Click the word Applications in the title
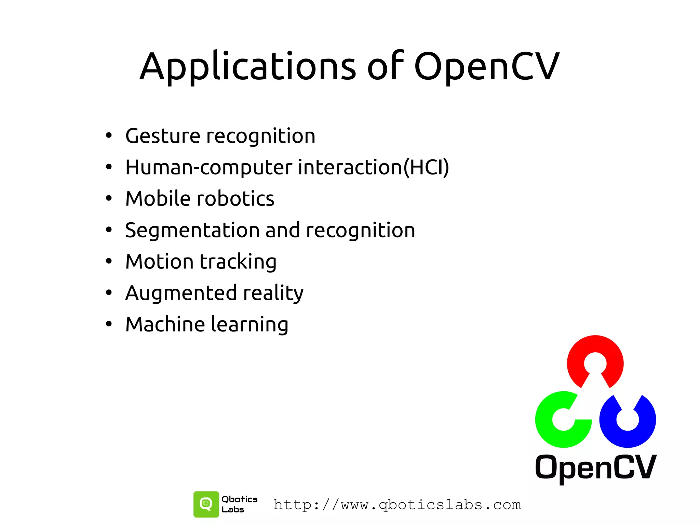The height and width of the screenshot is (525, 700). pos(248,67)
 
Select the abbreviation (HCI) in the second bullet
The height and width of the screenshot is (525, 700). pos(426,168)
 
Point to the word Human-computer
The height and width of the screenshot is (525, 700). pos(208,168)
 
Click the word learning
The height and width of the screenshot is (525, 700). pos(250,325)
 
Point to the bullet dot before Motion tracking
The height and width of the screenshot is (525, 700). pos(109,262)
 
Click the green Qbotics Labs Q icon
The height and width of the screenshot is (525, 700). pos(206,504)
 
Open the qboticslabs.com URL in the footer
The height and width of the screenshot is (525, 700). pos(398,505)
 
